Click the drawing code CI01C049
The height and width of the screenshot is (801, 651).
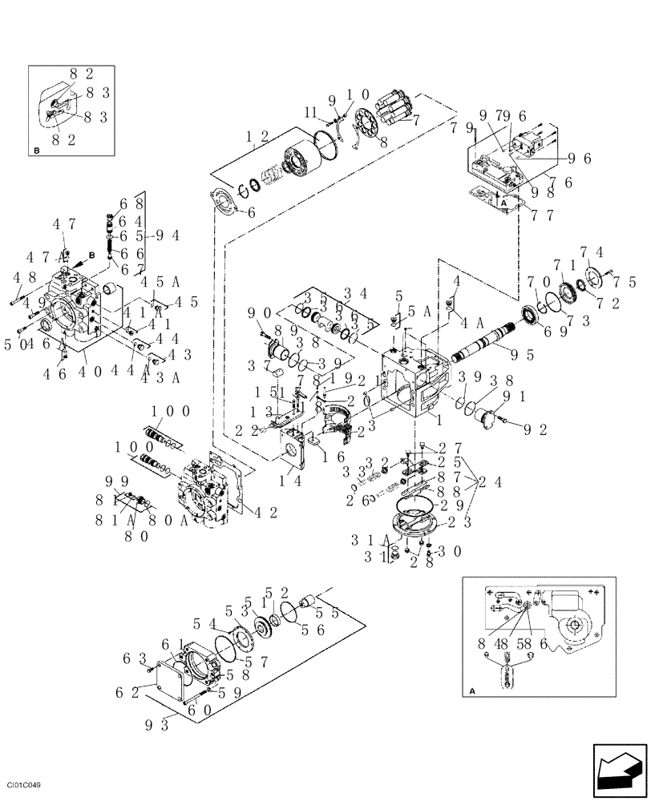click(x=23, y=786)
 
